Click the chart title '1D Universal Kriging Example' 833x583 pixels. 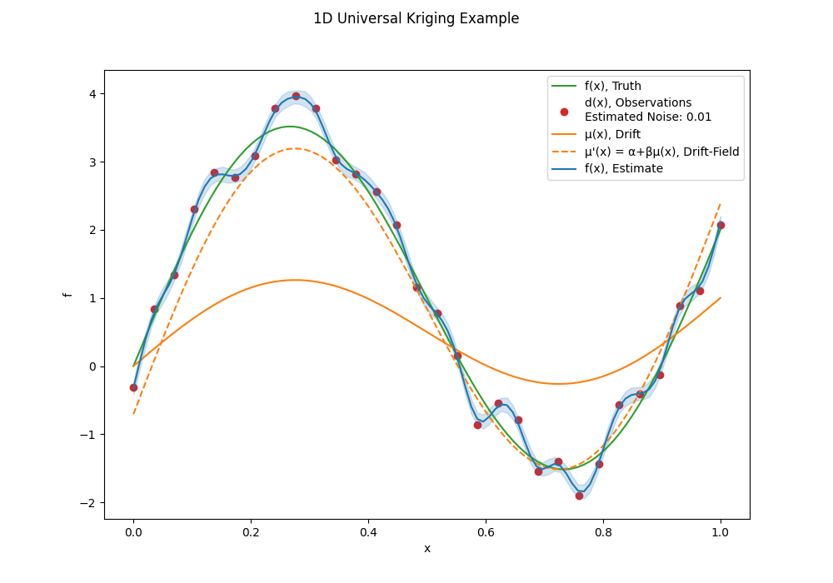coord(416,18)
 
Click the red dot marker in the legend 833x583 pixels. coord(564,112)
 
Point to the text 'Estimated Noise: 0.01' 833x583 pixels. coord(647,117)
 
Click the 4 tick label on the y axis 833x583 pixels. coord(93,94)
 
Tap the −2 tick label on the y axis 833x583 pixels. coord(88,503)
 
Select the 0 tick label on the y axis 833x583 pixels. coord(93,367)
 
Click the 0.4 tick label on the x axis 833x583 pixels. coord(368,532)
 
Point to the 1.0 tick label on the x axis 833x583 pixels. coord(721,532)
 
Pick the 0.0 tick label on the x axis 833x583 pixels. coord(133,532)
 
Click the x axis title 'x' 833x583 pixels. coord(427,549)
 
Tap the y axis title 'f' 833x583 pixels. coord(67,295)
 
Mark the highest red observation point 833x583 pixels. coord(296,96)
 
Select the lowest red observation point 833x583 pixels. coord(579,496)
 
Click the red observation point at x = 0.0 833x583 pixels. coord(133,387)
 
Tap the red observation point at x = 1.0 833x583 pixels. coord(721,225)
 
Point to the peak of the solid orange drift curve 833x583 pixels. coord(295,280)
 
